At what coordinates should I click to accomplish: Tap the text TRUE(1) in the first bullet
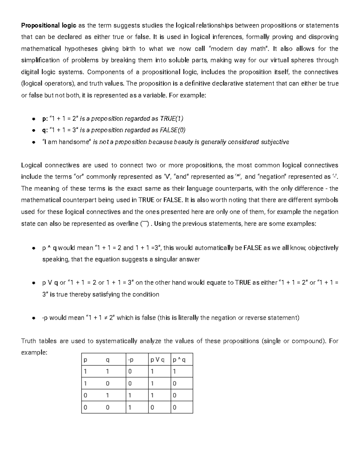pos(172,119)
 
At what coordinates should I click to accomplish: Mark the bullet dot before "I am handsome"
pos(34,142)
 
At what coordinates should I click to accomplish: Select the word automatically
pos(215,248)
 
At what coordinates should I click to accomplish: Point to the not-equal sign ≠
pos(105,318)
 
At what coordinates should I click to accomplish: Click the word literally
pos(188,318)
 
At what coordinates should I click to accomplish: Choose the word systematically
pos(116,341)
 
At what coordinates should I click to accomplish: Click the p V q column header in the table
pos(157,360)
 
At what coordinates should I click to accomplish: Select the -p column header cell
pos(131,360)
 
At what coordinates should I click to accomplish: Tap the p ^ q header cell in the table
pos(179,360)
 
